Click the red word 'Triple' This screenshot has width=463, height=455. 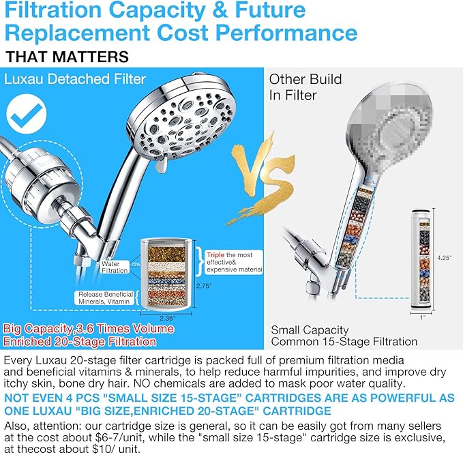coord(217,254)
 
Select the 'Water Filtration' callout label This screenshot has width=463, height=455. coord(115,267)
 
